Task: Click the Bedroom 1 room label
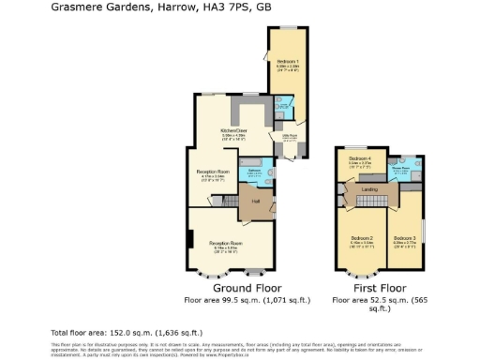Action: pyautogui.click(x=288, y=61)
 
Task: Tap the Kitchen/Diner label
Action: pyautogui.click(x=233, y=130)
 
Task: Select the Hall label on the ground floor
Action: pyautogui.click(x=254, y=201)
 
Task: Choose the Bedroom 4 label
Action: pyautogui.click(x=361, y=159)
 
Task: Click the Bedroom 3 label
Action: pyautogui.click(x=405, y=238)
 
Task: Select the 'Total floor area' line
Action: pyautogui.click(x=126, y=333)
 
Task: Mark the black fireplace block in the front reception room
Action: pyautogui.click(x=190, y=240)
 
